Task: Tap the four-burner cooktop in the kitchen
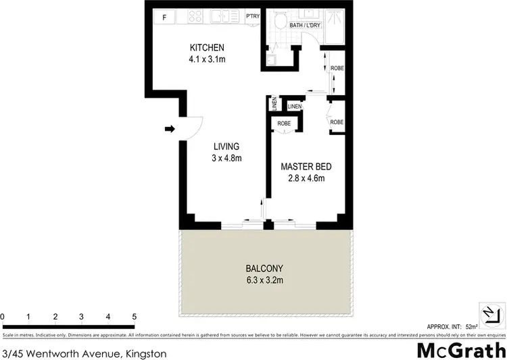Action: click(x=196, y=17)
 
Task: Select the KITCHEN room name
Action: click(x=206, y=48)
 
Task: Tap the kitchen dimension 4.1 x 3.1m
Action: click(x=206, y=59)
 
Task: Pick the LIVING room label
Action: click(x=226, y=147)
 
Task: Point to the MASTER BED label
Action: click(x=306, y=167)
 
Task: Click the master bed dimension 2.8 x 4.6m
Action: click(x=306, y=178)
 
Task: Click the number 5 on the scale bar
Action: click(x=135, y=316)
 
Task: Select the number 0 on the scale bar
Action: click(x=3, y=316)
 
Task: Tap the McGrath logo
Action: click(x=460, y=351)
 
